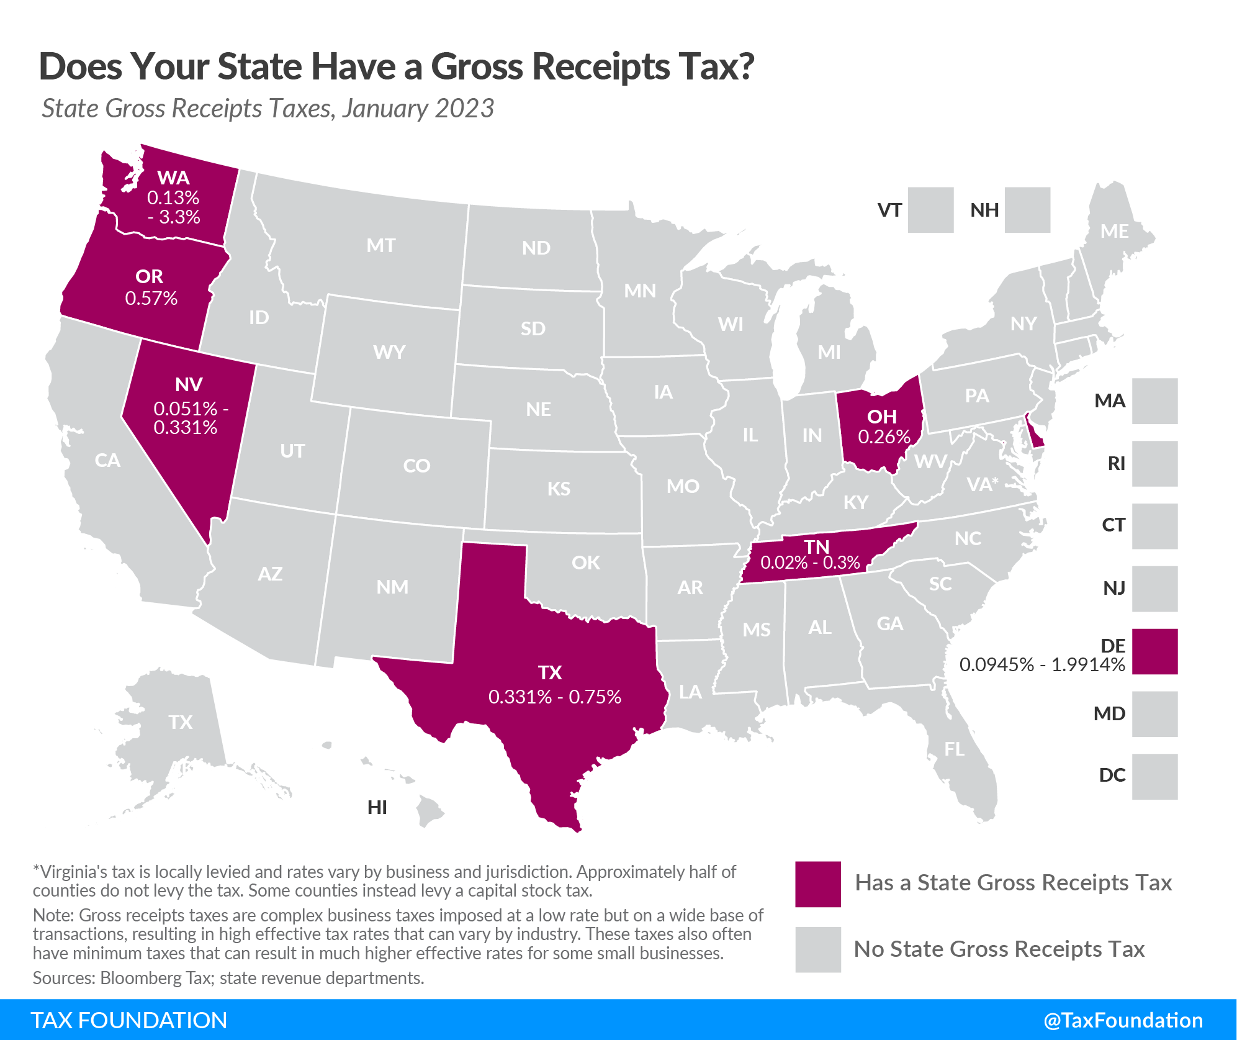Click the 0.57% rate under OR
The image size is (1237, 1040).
[151, 299]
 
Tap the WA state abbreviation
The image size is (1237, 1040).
[173, 178]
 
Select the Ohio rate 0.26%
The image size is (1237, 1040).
[884, 437]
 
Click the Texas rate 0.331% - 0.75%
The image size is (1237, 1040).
[554, 697]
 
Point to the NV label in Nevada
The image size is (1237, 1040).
[188, 384]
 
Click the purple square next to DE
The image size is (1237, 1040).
[1154, 651]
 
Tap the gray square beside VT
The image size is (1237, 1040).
[930, 210]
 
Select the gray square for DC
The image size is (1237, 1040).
[1154, 776]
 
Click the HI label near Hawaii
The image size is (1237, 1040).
[377, 807]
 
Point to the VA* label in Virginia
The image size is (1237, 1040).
[982, 484]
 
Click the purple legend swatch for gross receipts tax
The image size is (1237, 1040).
[817, 884]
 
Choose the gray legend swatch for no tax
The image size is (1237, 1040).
[817, 949]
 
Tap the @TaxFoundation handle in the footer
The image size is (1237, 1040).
[1123, 1020]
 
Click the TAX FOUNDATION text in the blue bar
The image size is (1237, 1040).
[128, 1020]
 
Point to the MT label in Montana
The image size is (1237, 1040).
[380, 246]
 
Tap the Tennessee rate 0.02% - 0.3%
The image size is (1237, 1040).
[810, 563]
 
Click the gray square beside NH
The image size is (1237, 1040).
[1027, 210]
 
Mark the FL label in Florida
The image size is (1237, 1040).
[954, 749]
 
